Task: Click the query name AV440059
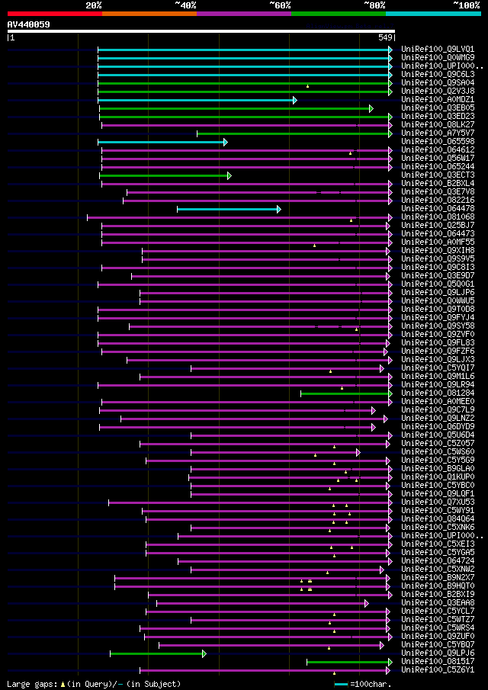[x=29, y=24]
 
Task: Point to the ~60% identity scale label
[x=280, y=5]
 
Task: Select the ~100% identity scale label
[x=467, y=5]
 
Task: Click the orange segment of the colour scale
[x=149, y=14]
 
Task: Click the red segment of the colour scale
[x=54, y=14]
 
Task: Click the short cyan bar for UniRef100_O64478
[x=228, y=209]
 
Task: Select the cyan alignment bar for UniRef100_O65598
[x=162, y=142]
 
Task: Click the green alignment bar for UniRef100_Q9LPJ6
[x=157, y=653]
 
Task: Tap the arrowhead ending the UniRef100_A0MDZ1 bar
[x=295, y=100]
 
